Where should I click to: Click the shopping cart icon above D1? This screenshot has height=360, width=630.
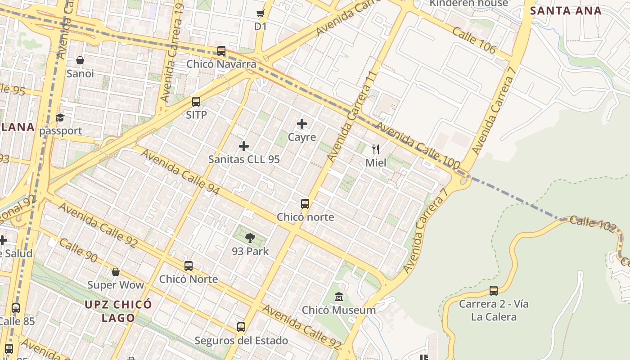[260, 13]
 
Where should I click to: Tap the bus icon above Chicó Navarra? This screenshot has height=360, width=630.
[221, 51]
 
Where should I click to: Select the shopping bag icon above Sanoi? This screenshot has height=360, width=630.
[80, 60]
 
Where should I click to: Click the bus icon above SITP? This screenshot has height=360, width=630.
[196, 102]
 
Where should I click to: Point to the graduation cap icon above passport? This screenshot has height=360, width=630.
[60, 118]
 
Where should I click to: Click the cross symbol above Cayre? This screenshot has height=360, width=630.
[302, 124]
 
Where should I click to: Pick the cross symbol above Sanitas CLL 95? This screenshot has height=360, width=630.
[244, 146]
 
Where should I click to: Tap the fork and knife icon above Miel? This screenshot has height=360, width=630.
[376, 149]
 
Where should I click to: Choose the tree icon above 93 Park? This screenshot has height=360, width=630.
[250, 238]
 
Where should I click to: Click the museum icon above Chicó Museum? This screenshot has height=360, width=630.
[339, 297]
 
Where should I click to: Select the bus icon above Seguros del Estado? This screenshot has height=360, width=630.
[241, 327]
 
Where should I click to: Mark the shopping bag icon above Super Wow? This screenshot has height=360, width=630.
[116, 272]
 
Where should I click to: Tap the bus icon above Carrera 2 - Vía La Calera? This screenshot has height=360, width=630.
[494, 291]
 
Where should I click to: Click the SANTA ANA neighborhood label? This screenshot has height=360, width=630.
[566, 11]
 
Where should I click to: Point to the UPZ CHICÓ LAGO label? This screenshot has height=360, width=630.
[118, 311]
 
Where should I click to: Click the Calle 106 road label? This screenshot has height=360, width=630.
[474, 40]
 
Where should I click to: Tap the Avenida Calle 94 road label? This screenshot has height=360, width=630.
[180, 172]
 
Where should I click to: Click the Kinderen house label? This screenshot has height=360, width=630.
[468, 4]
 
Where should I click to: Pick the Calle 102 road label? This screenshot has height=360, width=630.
[592, 224]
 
